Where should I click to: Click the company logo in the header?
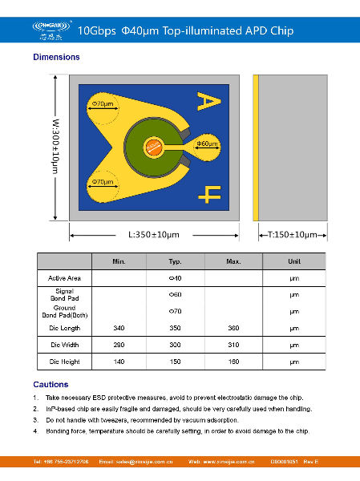(55, 30)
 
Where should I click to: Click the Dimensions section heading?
(56, 57)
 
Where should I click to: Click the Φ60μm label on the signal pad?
(208, 143)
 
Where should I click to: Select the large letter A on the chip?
(208, 100)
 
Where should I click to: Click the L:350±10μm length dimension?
(153, 235)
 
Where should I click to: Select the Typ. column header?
(175, 261)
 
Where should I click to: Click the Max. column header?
(234, 261)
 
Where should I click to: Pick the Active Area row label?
(64, 277)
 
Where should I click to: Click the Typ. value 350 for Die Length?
(175, 329)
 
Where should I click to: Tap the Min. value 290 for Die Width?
(119, 346)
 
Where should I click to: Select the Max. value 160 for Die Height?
(234, 362)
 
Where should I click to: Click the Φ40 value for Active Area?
(175, 277)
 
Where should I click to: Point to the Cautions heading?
(51, 385)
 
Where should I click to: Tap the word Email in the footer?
(107, 463)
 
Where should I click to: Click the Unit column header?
(294, 261)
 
